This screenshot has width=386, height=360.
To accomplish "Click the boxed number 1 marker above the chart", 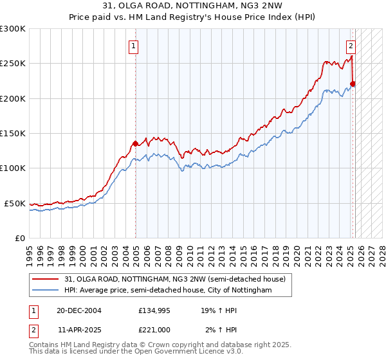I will [x=133, y=46].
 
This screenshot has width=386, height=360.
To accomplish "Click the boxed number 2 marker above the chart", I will [x=351, y=46].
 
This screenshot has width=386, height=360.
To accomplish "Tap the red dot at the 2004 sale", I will [x=135, y=144].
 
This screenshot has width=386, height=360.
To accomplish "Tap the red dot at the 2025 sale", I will [x=353, y=84].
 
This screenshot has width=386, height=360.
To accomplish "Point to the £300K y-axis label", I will [x=13, y=29].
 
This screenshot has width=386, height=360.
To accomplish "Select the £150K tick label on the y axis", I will [x=13, y=134].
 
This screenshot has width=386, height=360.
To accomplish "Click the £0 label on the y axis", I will [x=19, y=238].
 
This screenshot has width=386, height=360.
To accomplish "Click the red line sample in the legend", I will [x=46, y=279].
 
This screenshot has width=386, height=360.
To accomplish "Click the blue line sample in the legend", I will [x=46, y=291].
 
